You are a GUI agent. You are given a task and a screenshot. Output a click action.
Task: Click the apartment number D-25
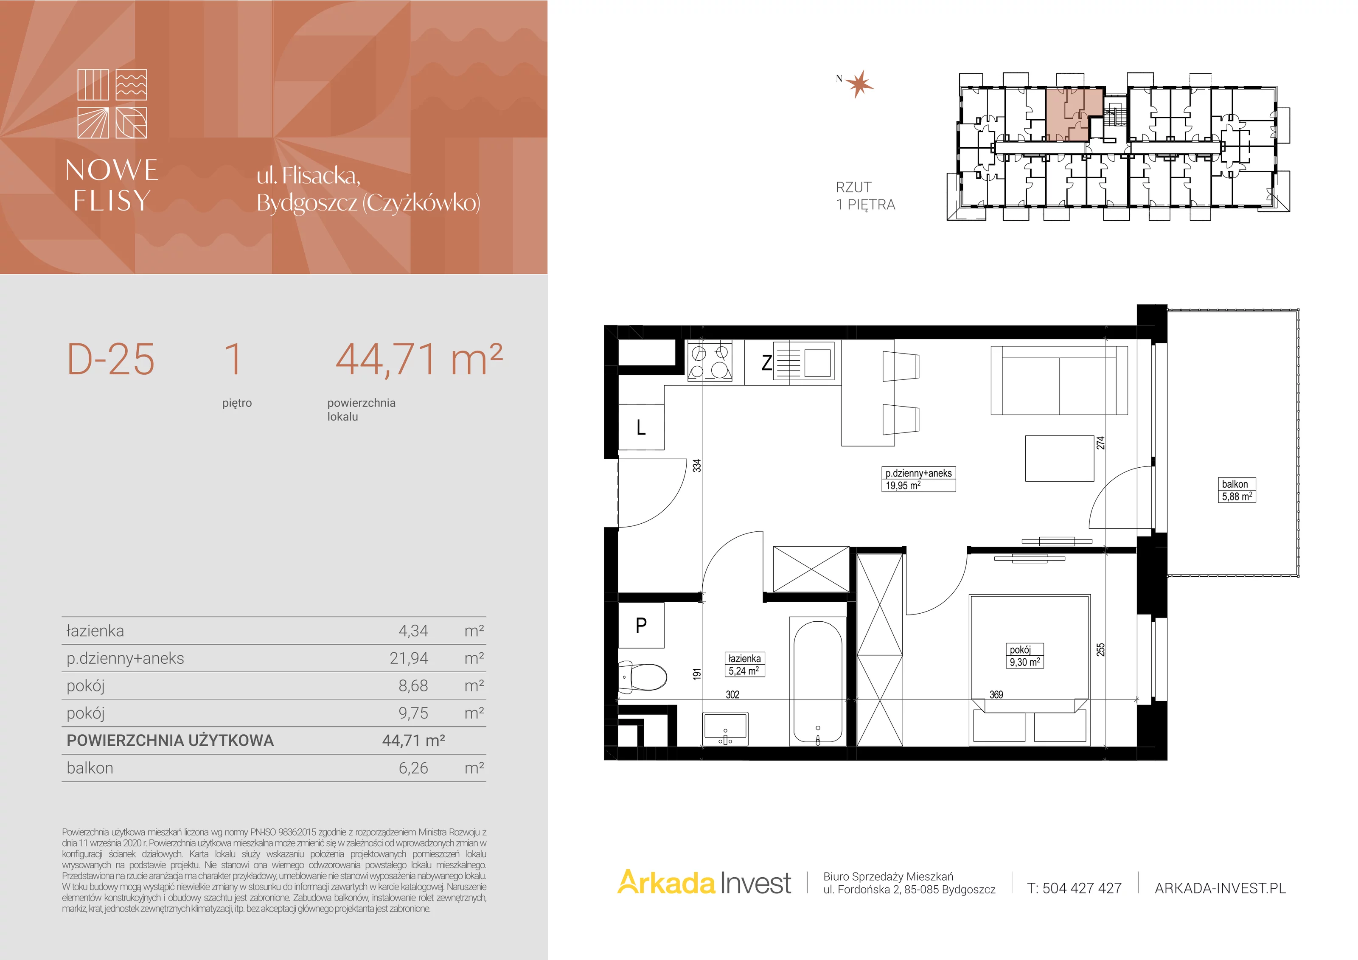click(x=111, y=359)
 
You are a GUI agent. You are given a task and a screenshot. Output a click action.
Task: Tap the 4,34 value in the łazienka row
click(x=413, y=631)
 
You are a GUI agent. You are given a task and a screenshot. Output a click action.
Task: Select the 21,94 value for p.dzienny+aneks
click(x=409, y=658)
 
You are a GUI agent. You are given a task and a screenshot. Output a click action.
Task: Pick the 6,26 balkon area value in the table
click(x=413, y=768)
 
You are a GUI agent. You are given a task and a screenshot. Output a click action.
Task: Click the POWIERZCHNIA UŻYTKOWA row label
click(x=170, y=741)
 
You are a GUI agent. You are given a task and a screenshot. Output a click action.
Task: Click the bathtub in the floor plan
click(x=817, y=682)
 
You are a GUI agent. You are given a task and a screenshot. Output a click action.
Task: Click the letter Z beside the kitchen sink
click(x=766, y=362)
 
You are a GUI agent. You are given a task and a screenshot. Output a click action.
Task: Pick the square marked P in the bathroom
click(x=641, y=625)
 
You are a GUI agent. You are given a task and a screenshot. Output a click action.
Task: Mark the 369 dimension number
click(x=996, y=694)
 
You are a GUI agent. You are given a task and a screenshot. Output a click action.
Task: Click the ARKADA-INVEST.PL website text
click(x=1220, y=888)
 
